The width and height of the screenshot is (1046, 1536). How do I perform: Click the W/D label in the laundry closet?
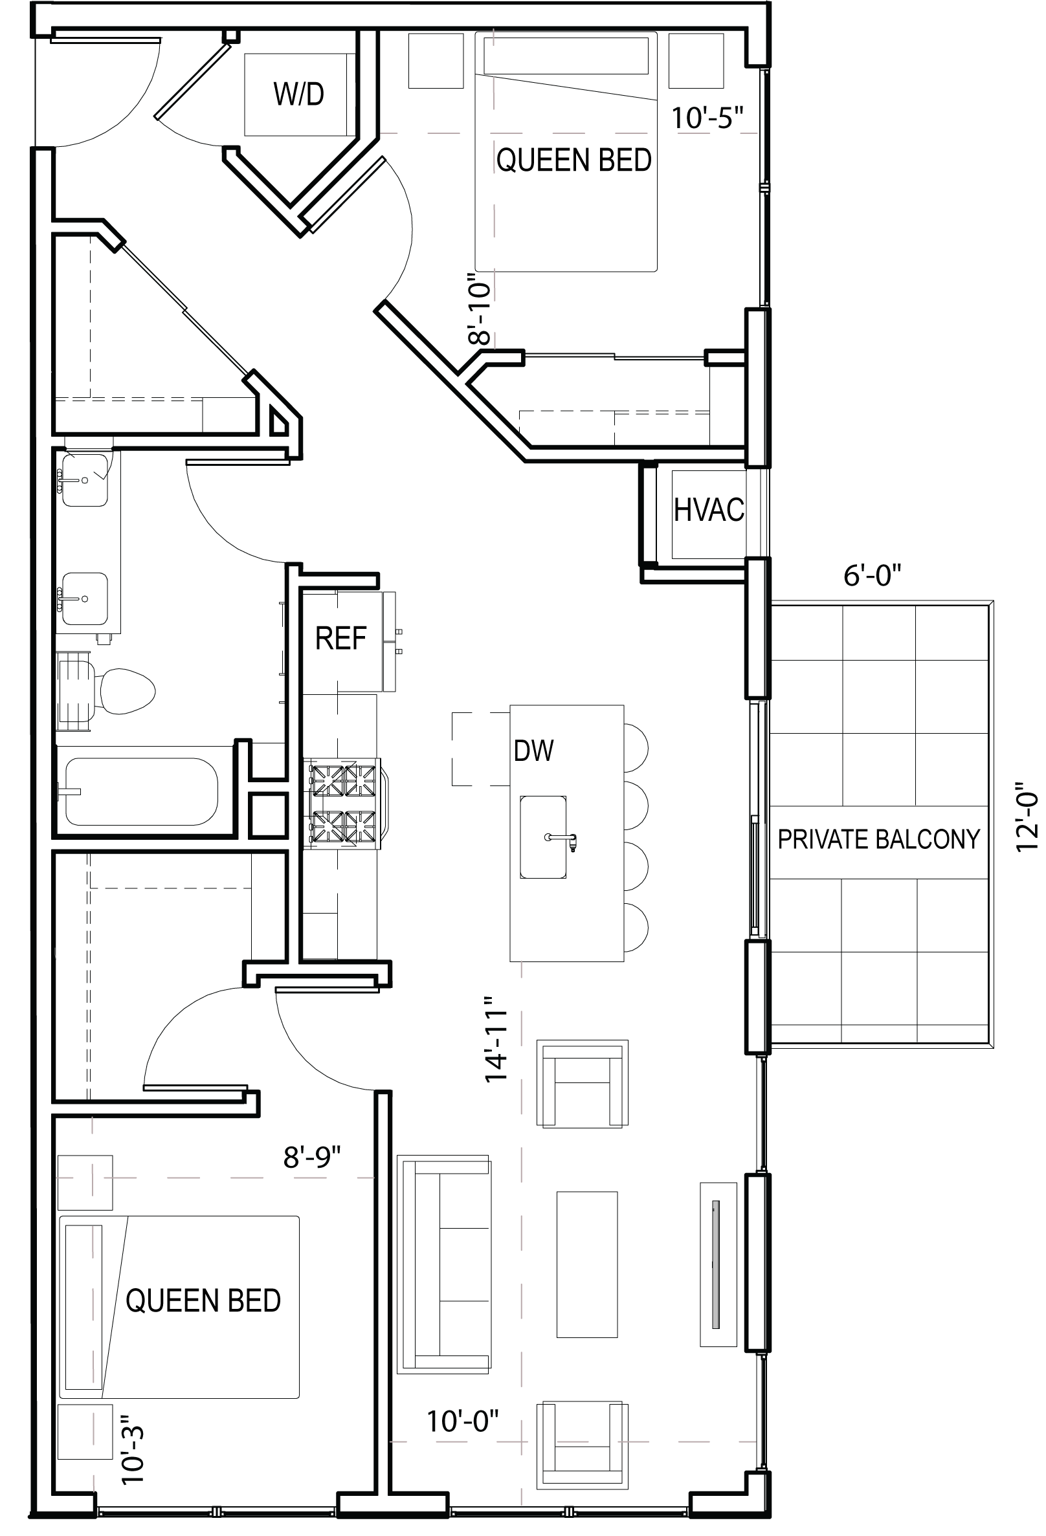pyautogui.click(x=299, y=94)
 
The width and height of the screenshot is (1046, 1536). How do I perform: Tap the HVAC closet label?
pyautogui.click(x=709, y=510)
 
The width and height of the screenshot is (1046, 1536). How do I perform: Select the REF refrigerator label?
pyautogui.click(x=340, y=639)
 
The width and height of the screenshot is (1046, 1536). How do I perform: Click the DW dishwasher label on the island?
pyautogui.click(x=533, y=751)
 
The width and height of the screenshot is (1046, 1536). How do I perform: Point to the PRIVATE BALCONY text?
pyautogui.click(x=878, y=839)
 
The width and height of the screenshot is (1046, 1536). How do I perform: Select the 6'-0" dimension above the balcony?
pyautogui.click(x=872, y=576)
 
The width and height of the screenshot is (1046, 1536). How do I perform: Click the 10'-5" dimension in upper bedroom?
pyautogui.click(x=707, y=119)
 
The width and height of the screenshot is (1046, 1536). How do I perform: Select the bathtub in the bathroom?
pyautogui.click(x=142, y=792)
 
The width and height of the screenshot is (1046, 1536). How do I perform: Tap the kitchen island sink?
pyautogui.click(x=543, y=837)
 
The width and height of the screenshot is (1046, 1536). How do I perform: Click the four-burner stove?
pyautogui.click(x=343, y=803)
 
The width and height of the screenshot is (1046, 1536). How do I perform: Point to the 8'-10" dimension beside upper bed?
pyautogui.click(x=482, y=310)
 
